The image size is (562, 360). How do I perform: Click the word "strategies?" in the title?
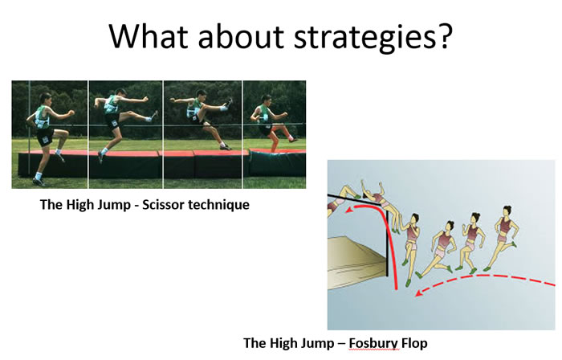point(373,37)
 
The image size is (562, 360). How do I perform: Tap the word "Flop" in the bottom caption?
point(414,343)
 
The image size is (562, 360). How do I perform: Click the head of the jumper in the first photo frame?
point(46,99)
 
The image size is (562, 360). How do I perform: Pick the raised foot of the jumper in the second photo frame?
point(154,115)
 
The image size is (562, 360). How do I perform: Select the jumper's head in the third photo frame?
point(202,95)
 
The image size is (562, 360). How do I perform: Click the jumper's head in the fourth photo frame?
point(267,100)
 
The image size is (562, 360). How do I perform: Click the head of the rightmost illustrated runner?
point(507,211)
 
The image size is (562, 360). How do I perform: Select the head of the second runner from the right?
point(475,219)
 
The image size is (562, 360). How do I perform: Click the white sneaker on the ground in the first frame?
point(39,180)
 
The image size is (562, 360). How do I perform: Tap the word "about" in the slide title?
point(241,36)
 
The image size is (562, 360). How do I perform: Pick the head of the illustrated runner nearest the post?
point(414,219)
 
